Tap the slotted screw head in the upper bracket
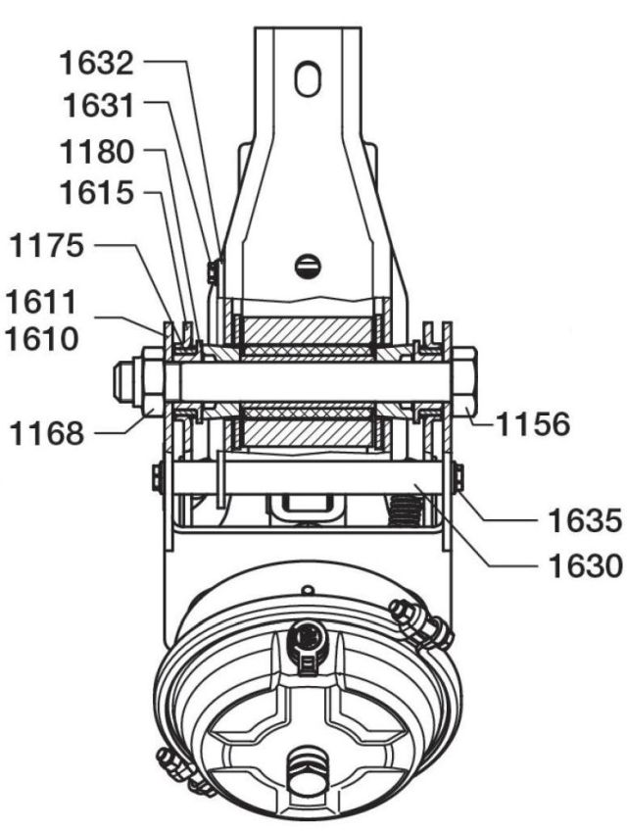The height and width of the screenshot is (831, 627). [308, 264]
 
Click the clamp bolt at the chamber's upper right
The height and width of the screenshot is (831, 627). [416, 622]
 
